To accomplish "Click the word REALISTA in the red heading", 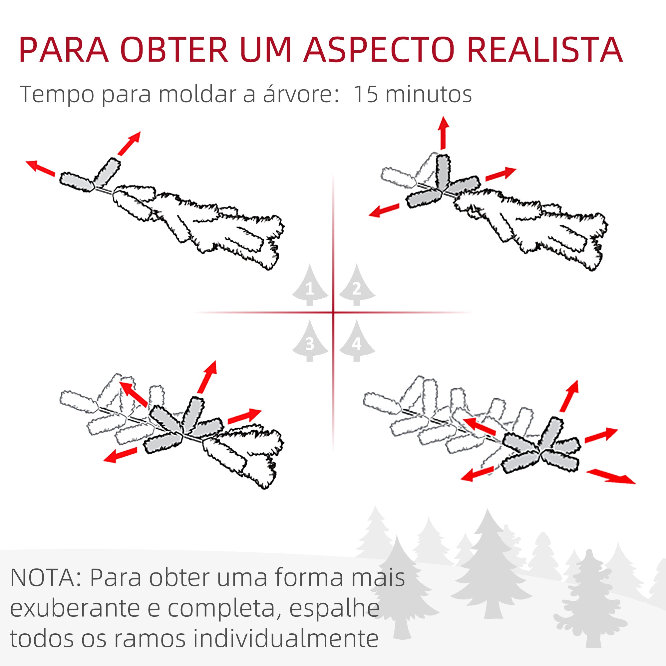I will tap(545, 50).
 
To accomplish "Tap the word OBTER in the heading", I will tap(174, 50).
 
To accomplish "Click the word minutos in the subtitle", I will tap(429, 94).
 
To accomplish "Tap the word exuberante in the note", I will tap(75, 609).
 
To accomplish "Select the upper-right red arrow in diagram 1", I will tap(129, 143).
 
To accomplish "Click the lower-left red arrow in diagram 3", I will tap(120, 455).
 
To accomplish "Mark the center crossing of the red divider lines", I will tap(333, 312).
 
